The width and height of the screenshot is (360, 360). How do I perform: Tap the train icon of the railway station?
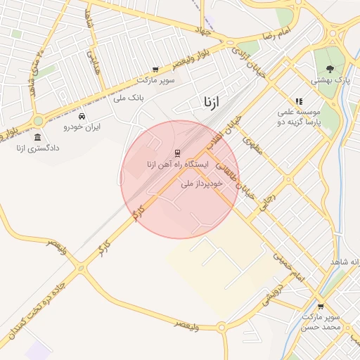176,153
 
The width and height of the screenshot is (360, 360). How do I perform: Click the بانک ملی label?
129,98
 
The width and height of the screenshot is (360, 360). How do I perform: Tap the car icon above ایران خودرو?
82,116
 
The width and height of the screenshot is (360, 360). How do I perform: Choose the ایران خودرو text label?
82,127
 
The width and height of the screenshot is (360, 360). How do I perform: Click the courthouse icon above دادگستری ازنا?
37,137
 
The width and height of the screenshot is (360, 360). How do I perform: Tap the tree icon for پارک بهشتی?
330,69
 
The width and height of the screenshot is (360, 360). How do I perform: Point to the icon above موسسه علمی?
299,101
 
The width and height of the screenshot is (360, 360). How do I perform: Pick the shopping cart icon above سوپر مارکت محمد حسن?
321,306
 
